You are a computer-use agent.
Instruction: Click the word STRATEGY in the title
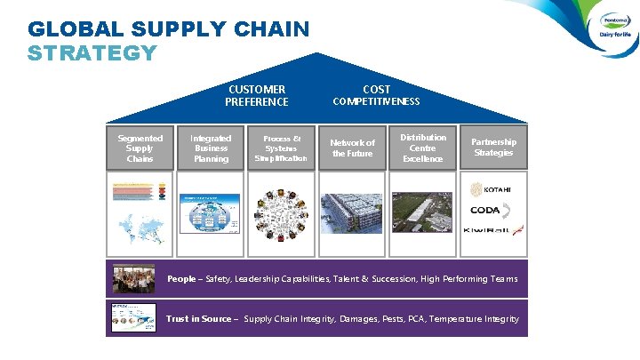(x=92, y=52)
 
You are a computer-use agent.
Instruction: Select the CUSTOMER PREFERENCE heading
(x=256, y=95)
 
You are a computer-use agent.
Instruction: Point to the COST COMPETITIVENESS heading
(x=376, y=95)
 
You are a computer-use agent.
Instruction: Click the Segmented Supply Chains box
(x=140, y=148)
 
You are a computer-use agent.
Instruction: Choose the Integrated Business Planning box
(x=211, y=148)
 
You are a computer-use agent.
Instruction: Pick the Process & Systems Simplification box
(x=281, y=148)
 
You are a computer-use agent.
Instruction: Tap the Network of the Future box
(x=353, y=148)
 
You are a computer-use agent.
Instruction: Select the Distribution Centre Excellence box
(x=423, y=148)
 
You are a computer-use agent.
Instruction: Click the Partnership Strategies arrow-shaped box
(x=493, y=148)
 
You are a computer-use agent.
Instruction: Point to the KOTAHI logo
(x=492, y=189)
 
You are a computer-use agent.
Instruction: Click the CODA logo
(x=490, y=211)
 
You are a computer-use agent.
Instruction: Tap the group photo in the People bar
(x=133, y=279)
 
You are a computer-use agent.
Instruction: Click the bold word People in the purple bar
(x=181, y=279)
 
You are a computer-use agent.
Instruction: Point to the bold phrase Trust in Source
(x=198, y=319)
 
